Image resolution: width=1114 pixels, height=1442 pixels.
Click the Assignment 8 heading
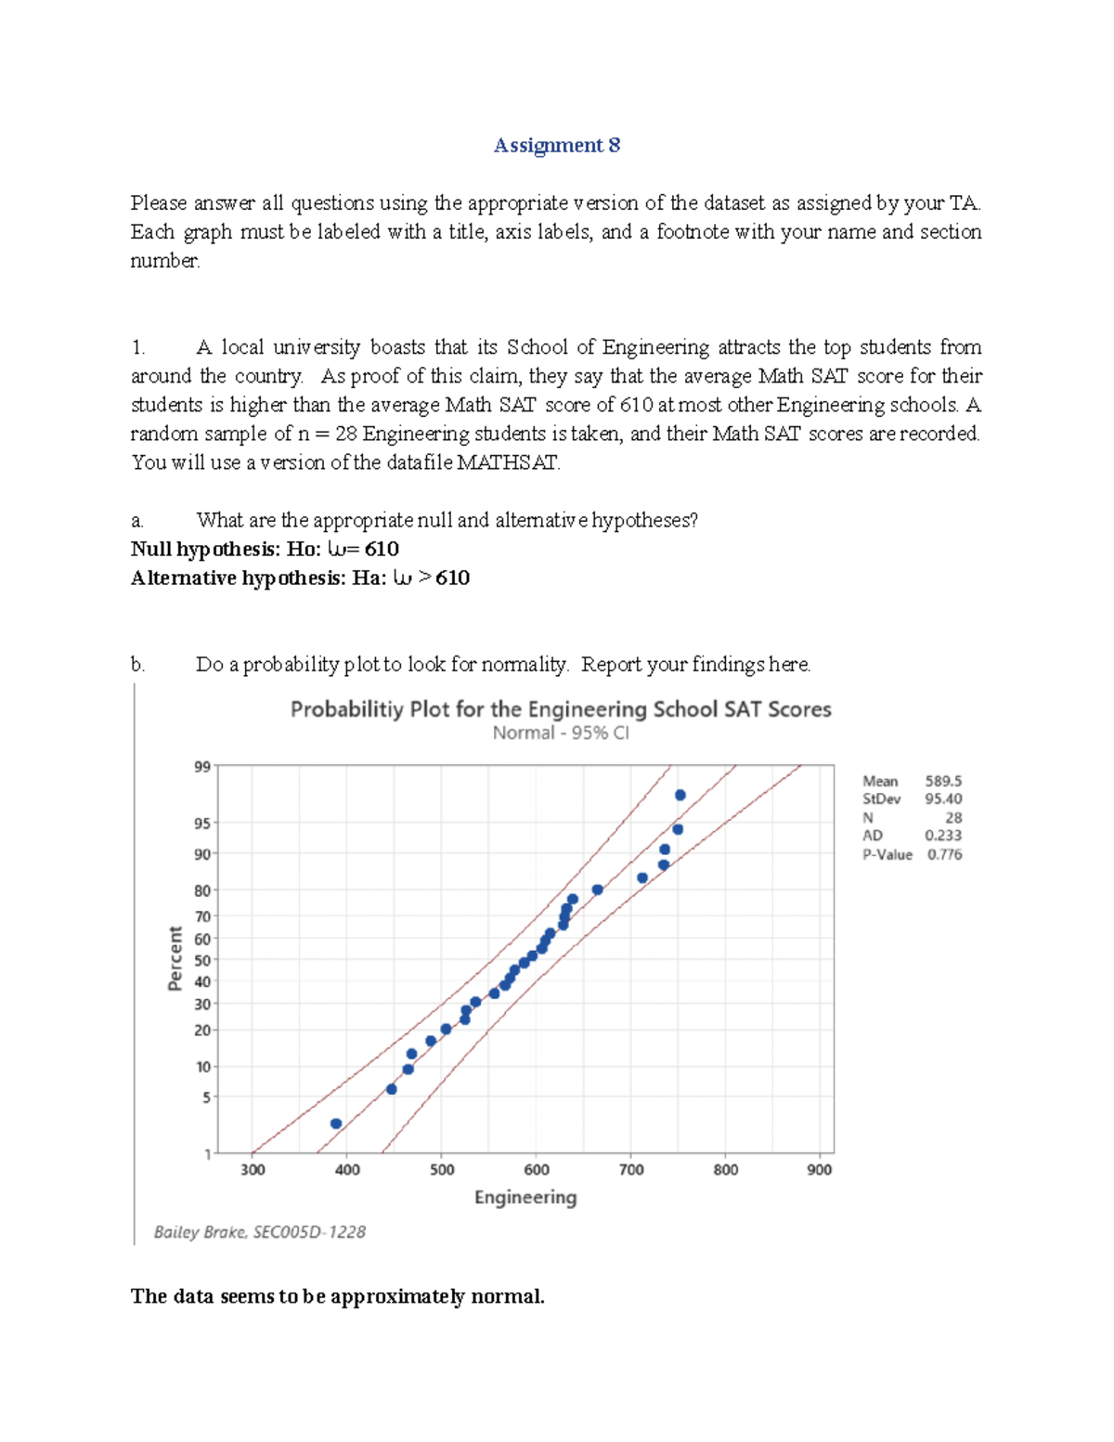[557, 146]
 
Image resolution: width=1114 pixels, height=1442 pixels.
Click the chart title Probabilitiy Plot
[560, 709]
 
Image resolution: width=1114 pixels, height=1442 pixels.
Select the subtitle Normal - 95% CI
[560, 734]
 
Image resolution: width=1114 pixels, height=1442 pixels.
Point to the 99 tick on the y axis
[202, 767]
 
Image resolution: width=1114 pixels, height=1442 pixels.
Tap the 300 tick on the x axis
[253, 1170]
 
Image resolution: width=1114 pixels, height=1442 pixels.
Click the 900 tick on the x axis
[819, 1170]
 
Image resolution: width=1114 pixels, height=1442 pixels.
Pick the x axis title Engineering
[525, 1198]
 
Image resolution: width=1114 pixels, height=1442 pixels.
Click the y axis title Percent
[175, 958]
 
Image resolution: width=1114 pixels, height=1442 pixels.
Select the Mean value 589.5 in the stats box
[943, 782]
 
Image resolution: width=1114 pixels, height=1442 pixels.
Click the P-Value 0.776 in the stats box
[944, 855]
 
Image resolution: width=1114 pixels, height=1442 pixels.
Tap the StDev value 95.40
[943, 799]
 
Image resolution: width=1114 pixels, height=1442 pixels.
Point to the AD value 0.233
[943, 836]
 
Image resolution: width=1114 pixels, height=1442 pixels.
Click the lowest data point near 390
[336, 1124]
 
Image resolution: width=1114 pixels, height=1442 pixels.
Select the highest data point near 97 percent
[680, 795]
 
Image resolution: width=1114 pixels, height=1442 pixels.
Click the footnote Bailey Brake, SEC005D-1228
[260, 1232]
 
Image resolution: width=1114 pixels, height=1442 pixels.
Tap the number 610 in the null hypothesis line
[382, 550]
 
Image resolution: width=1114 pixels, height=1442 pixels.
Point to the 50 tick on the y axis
[202, 960]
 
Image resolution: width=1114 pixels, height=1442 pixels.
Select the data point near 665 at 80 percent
[598, 890]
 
